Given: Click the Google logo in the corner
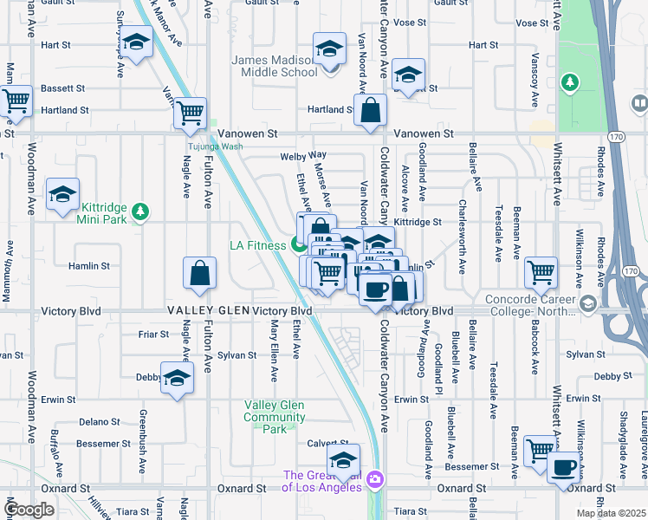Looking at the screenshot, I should pos(29,510).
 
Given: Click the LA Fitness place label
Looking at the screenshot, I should pos(257,245).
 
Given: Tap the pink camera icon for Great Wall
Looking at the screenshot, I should pos(374,478).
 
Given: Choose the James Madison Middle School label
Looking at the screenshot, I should pos(275,66).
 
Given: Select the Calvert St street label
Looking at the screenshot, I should pos(321,444).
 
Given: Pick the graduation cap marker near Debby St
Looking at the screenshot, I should pos(177,380).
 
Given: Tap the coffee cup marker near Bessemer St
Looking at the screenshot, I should pos(563,467).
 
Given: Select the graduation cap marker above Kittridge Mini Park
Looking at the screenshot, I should pos(62,195).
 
